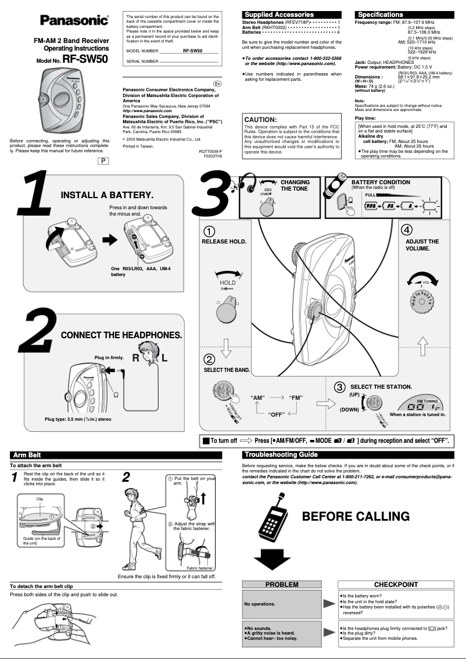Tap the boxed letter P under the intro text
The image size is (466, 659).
(x=103, y=160)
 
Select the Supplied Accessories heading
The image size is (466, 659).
(x=279, y=15)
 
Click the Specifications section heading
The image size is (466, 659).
(x=381, y=15)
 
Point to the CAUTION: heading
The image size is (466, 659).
(x=260, y=120)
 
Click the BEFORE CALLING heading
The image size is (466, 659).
(x=356, y=516)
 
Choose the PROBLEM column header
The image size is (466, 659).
(x=281, y=584)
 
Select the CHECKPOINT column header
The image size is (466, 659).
(x=396, y=584)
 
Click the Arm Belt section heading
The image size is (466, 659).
(x=27, y=454)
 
